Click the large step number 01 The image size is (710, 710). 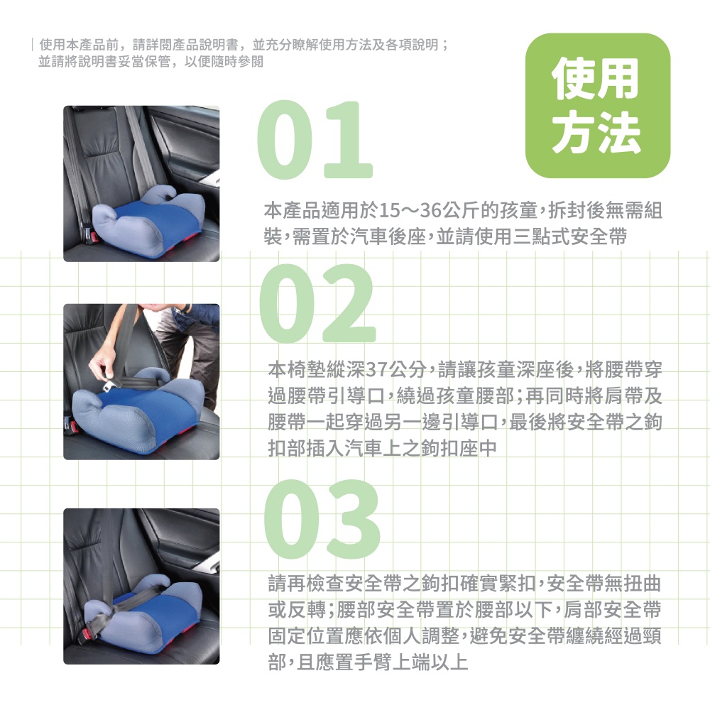(315, 139)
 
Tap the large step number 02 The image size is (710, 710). (318, 303)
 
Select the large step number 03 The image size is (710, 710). (322, 519)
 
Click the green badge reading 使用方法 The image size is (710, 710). (597, 105)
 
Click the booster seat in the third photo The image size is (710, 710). (143, 611)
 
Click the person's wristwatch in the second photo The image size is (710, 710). (185, 310)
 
